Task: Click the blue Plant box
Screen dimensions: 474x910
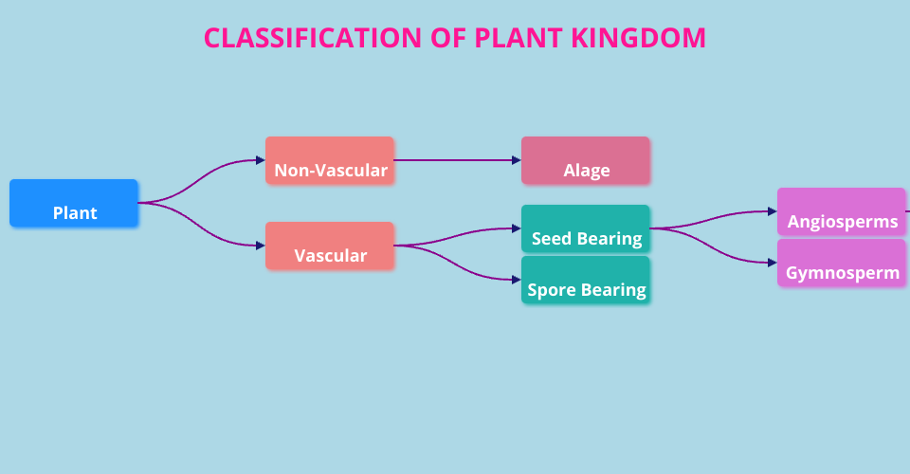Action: (74, 204)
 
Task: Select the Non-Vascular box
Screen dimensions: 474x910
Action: (330, 161)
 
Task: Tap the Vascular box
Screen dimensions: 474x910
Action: (330, 246)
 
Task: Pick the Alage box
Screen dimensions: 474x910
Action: (586, 161)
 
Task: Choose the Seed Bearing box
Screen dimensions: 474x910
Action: (586, 229)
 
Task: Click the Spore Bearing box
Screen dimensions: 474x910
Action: (586, 281)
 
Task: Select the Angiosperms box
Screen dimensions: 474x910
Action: (842, 212)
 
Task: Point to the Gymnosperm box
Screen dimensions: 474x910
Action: (842, 264)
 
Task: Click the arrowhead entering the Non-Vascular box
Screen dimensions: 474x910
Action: (261, 161)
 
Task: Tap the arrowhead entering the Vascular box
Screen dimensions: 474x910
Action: (261, 246)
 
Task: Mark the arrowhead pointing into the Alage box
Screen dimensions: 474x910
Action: (517, 161)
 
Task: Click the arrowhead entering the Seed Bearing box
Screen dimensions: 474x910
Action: (517, 229)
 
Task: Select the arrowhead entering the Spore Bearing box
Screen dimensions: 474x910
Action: (517, 281)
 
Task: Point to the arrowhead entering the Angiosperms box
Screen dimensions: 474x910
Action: (773, 212)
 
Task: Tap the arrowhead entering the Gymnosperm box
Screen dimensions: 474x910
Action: (773, 264)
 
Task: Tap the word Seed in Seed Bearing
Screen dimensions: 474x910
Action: (550, 239)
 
